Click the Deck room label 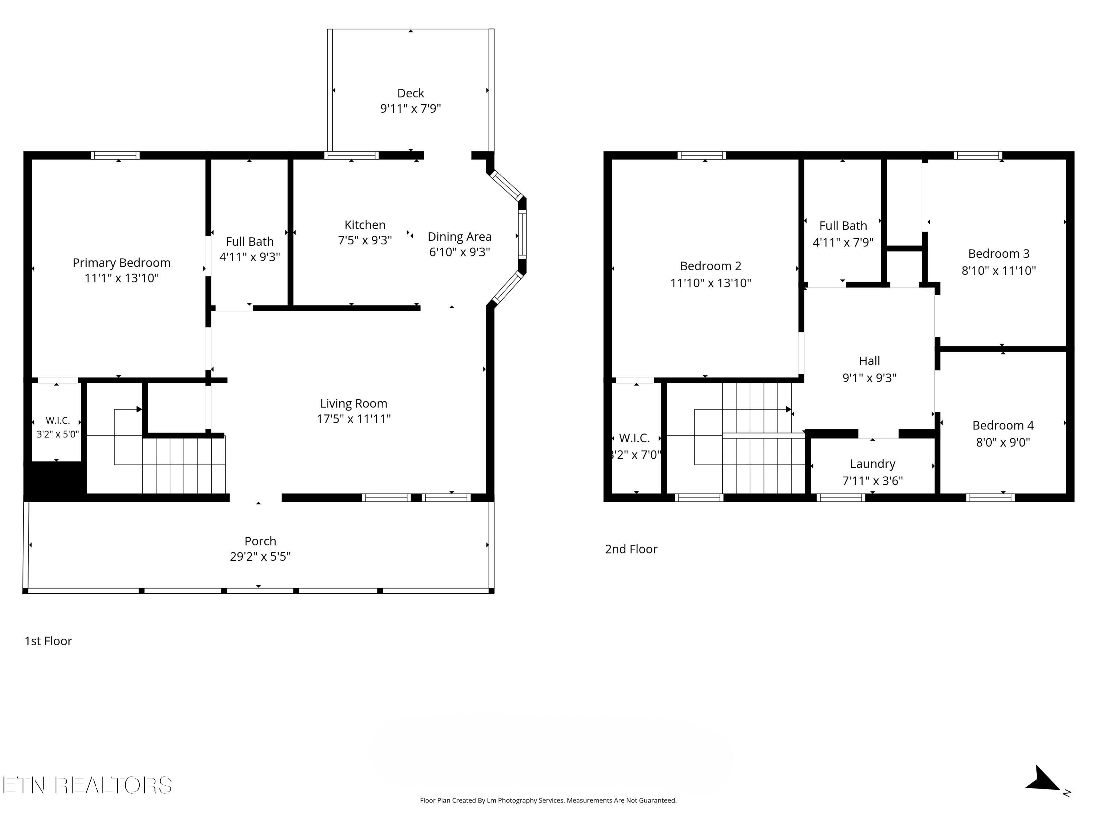[x=411, y=93]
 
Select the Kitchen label [x=365, y=225]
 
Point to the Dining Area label [x=460, y=237]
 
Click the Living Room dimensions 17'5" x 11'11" [x=354, y=419]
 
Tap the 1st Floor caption [x=49, y=641]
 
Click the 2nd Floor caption [x=631, y=549]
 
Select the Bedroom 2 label [x=710, y=266]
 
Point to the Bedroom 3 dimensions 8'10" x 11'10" [x=999, y=270]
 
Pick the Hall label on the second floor [x=869, y=361]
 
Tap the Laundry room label [x=873, y=464]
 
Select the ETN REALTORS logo [x=87, y=785]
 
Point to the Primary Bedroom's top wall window [x=115, y=155]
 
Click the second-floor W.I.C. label [x=634, y=438]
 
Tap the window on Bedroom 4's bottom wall [x=990, y=497]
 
